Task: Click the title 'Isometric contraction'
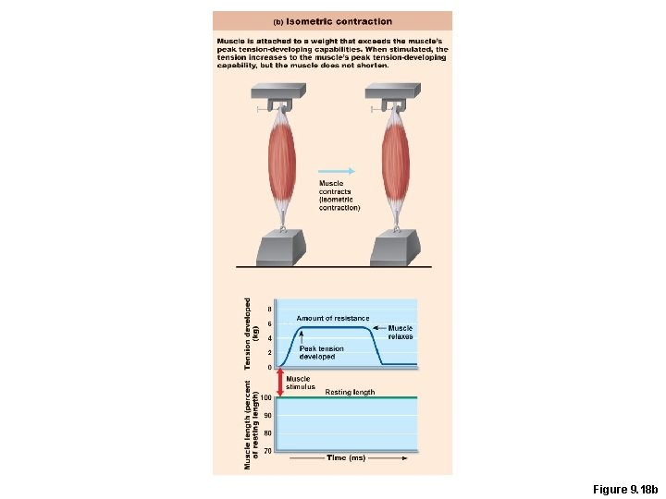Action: pyautogui.click(x=339, y=21)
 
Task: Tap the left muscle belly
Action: pyautogui.click(x=281, y=161)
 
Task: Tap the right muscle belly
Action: pyautogui.click(x=396, y=161)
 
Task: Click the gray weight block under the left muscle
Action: pyautogui.click(x=280, y=249)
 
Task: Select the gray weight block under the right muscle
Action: pyautogui.click(x=395, y=249)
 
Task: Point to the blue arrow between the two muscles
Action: pyautogui.click(x=337, y=170)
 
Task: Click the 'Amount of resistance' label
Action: pyautogui.click(x=332, y=318)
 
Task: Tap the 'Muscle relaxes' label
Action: pyautogui.click(x=401, y=333)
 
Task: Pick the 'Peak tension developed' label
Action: pyautogui.click(x=321, y=352)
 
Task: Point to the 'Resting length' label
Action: pyautogui.click(x=350, y=392)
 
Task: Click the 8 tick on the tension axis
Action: pyautogui.click(x=269, y=309)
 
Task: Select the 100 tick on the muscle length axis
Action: pyautogui.click(x=266, y=398)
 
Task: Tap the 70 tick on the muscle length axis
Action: pyautogui.click(x=267, y=451)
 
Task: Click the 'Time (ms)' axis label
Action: pyautogui.click(x=346, y=457)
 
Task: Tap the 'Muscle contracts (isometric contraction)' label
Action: pyautogui.click(x=339, y=196)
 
